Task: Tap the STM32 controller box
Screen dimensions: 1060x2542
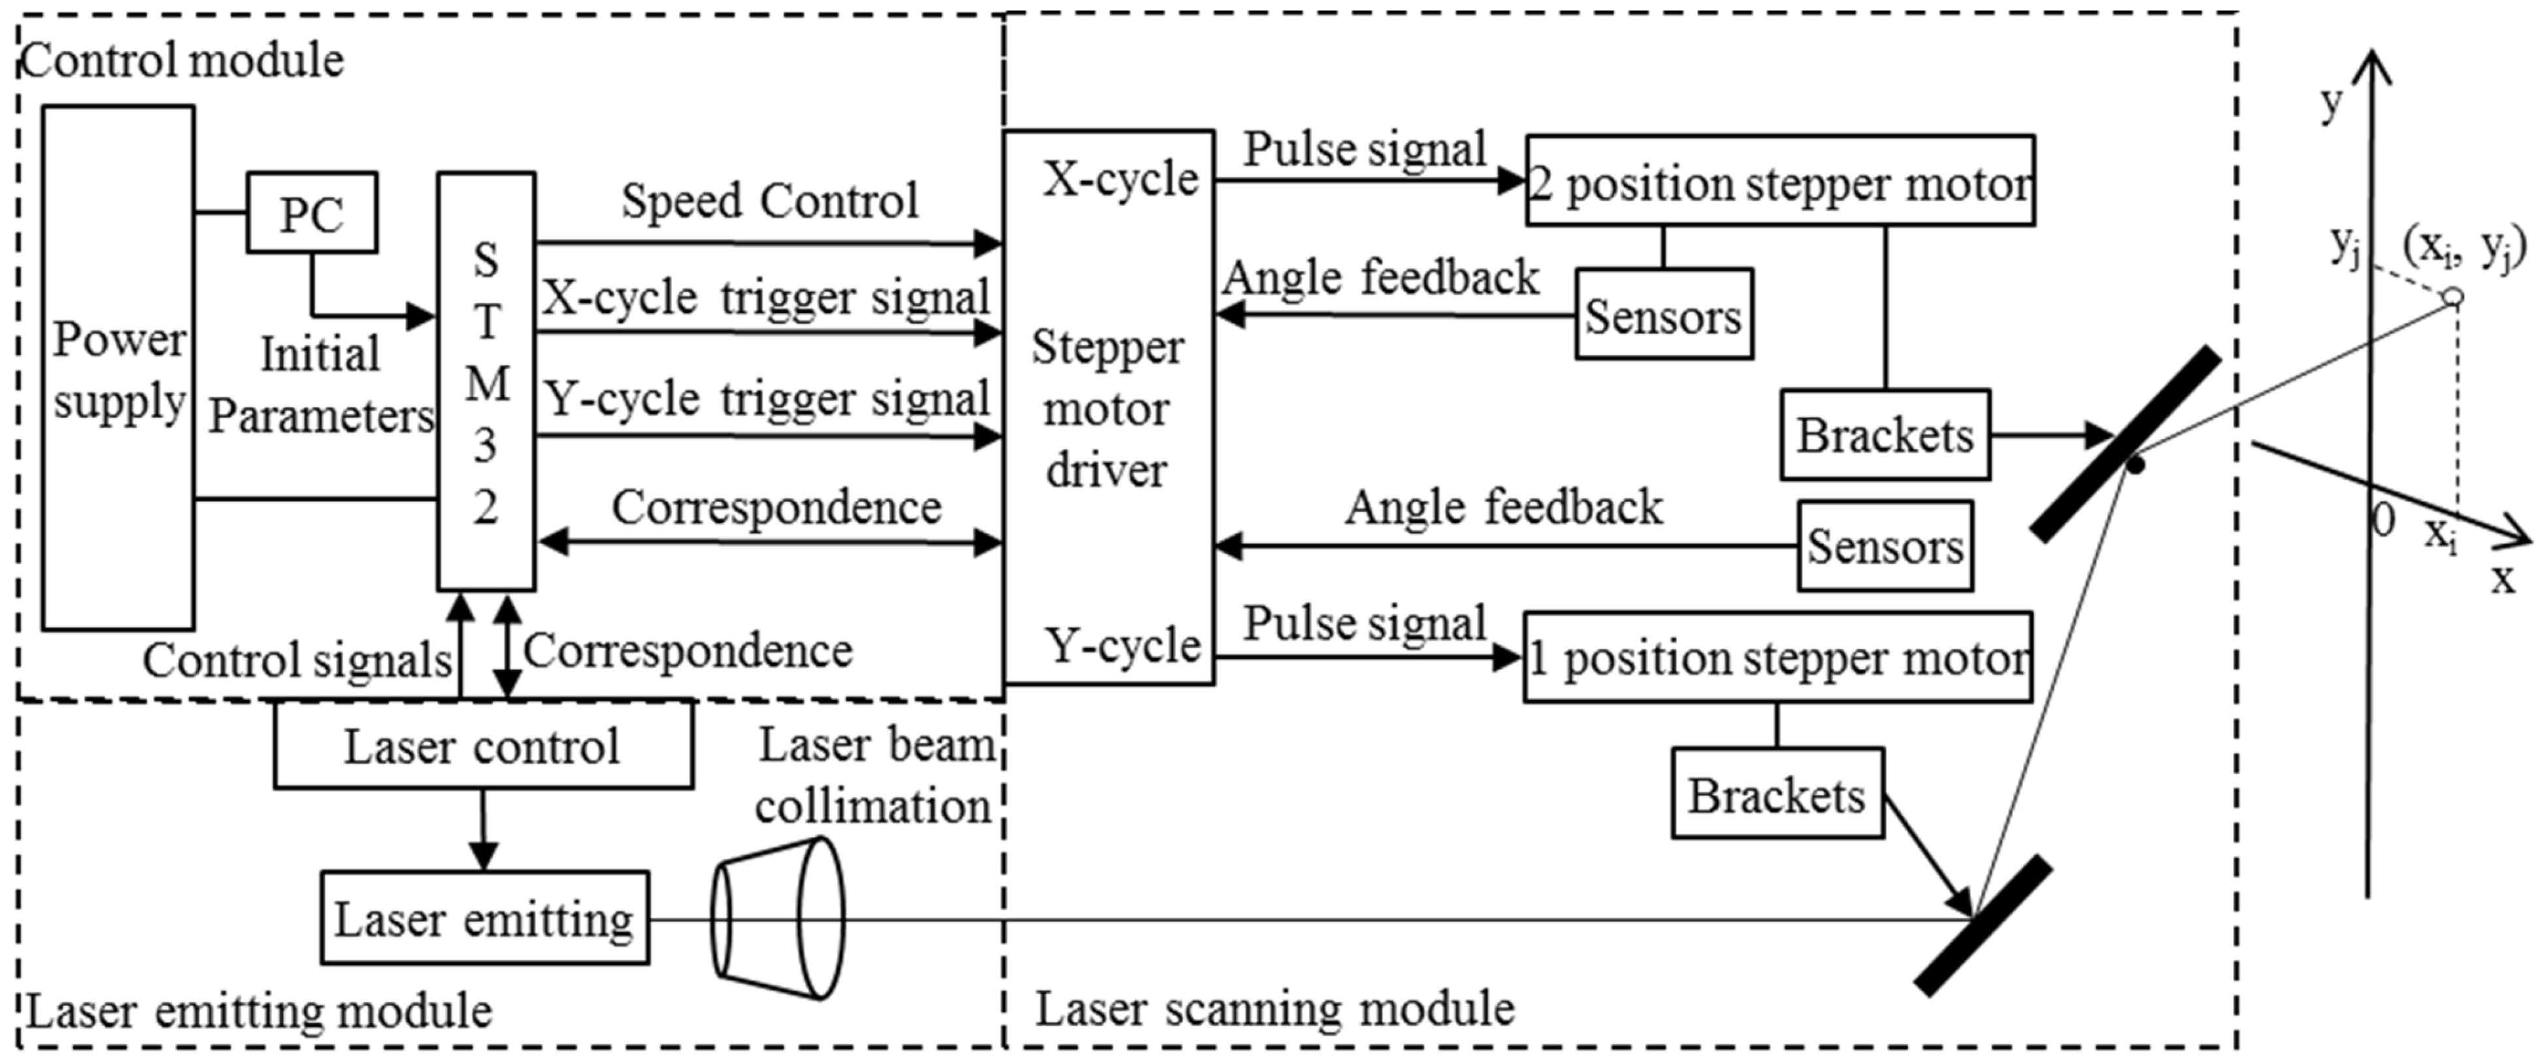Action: pyautogui.click(x=486, y=382)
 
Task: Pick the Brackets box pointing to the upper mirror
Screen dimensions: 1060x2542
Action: pyautogui.click(x=1884, y=435)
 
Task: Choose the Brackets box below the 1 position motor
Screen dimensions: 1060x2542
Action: pyautogui.click(x=1776, y=794)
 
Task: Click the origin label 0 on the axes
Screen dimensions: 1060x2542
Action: pyautogui.click(x=2382, y=520)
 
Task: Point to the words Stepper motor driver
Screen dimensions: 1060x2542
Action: pyautogui.click(x=1106, y=409)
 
